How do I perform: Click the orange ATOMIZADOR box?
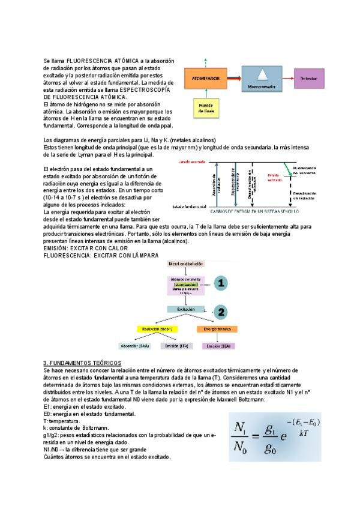(205, 79)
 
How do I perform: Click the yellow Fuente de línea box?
(205, 108)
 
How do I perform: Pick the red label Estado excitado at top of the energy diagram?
(192, 162)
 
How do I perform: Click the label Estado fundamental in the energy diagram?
(190, 206)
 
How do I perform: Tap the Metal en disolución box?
(186, 264)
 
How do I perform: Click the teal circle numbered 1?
(221, 283)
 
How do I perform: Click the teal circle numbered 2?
(221, 312)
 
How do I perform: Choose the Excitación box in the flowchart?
(186, 309)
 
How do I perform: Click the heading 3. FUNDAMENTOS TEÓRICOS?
(82, 363)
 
